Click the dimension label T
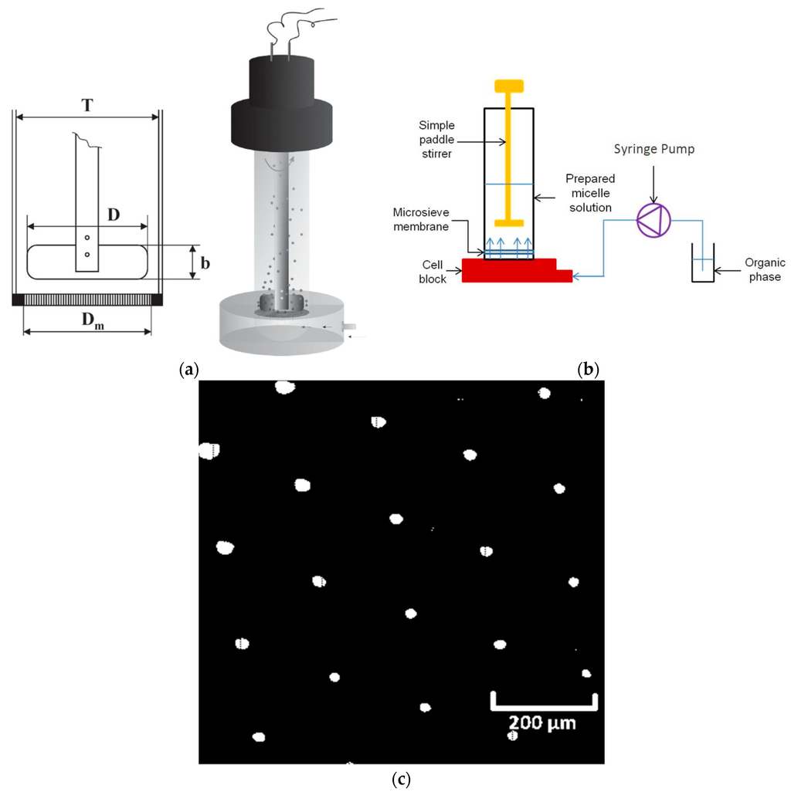coord(88,106)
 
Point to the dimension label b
coord(204,262)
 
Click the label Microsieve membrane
coord(435,217)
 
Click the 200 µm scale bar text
coord(541,723)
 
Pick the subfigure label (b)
coord(589,370)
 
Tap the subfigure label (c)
coord(400,780)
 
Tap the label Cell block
coord(433,272)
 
